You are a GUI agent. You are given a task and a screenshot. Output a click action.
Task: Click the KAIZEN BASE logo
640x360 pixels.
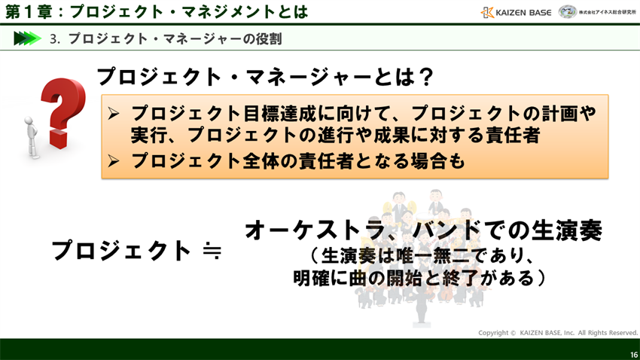[x=516, y=12]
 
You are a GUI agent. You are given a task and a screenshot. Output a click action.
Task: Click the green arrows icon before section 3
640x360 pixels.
[x=27, y=38]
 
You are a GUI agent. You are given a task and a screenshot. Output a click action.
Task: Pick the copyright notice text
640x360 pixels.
[x=558, y=332]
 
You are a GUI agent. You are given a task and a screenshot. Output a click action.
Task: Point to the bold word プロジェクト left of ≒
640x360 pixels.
[x=121, y=250]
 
